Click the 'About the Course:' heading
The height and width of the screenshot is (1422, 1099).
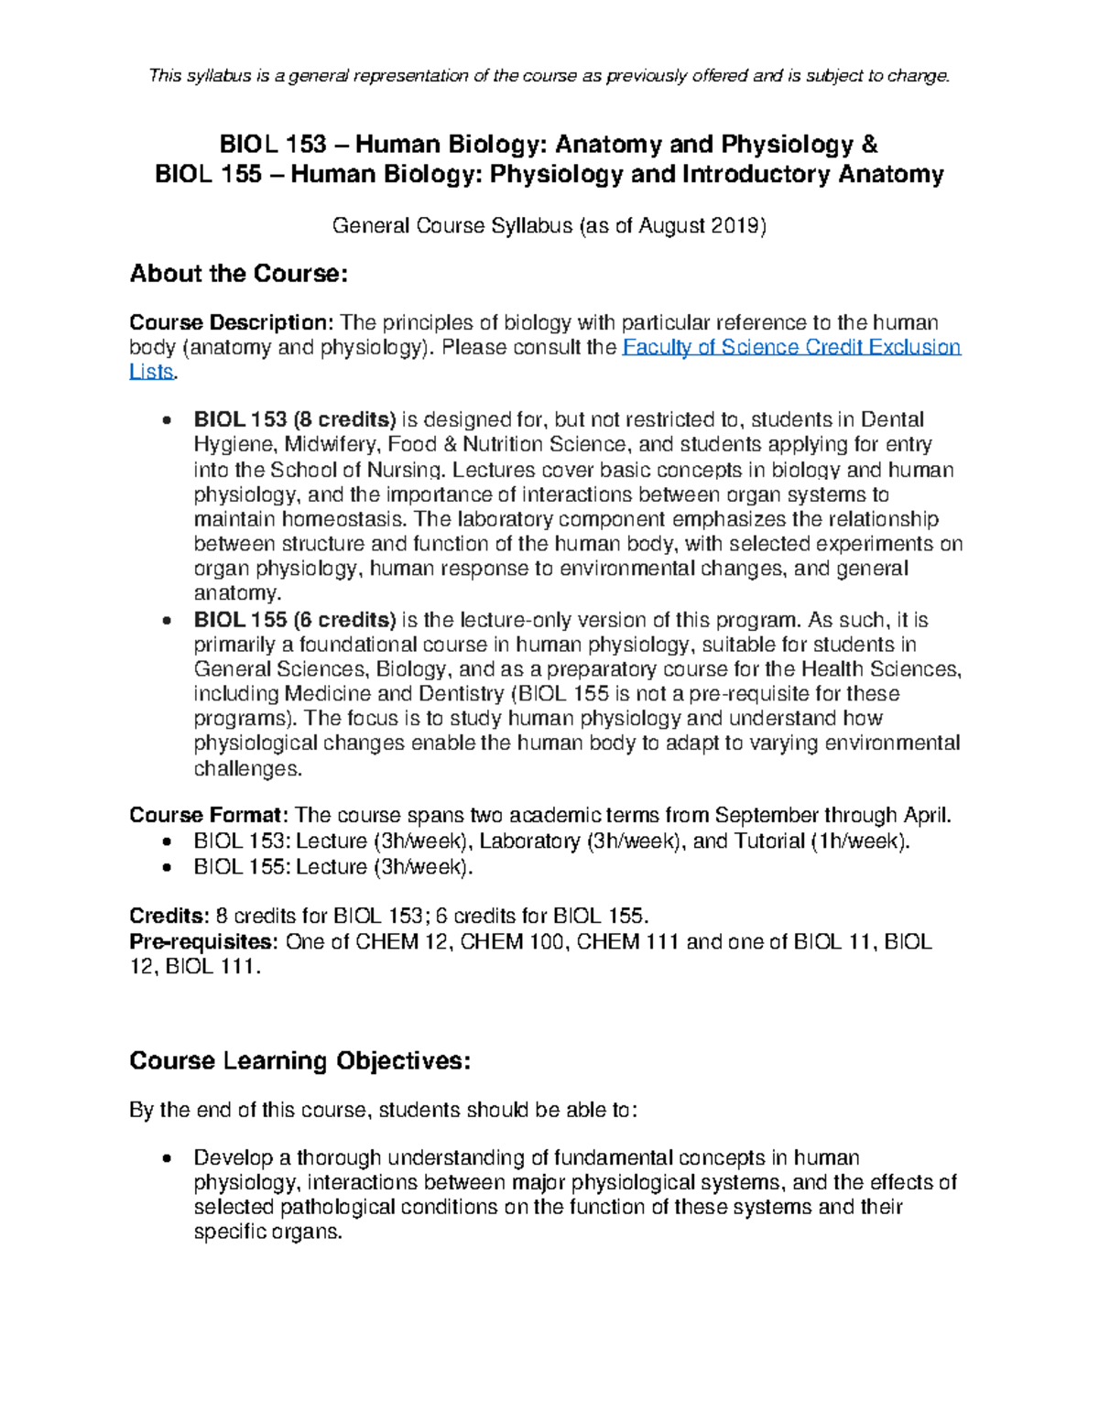point(239,274)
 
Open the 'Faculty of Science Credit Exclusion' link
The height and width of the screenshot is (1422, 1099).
point(791,347)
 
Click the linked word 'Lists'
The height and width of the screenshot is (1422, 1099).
point(151,372)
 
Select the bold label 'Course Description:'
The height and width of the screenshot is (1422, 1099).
point(231,322)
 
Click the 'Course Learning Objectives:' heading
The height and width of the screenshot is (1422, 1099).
point(299,1060)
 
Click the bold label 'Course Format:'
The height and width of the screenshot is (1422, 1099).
point(209,815)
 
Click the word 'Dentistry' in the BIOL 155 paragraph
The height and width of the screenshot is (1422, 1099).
point(461,693)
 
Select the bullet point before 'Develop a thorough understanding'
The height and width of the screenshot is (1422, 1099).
point(166,1158)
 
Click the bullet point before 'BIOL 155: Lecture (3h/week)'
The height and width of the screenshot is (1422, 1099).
point(166,867)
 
